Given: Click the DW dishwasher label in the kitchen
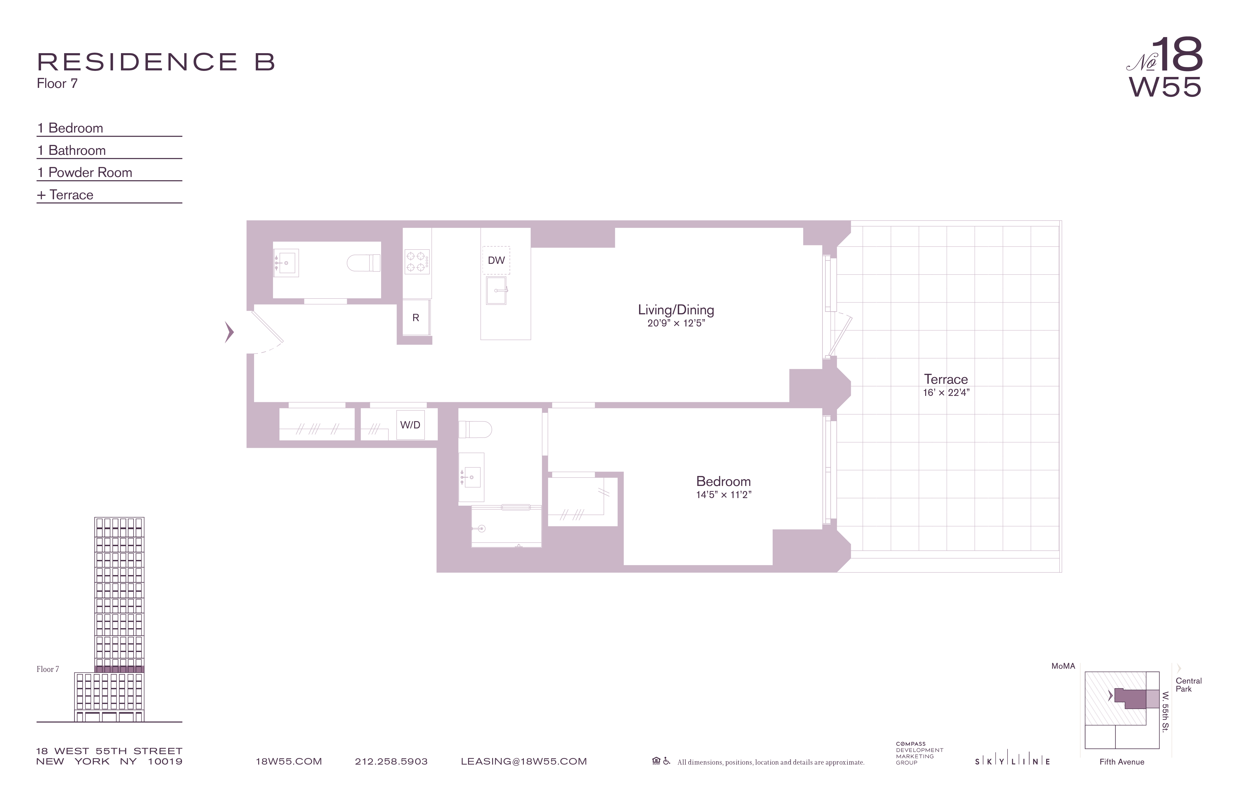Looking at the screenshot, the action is (496, 260).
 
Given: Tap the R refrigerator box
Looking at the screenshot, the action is (416, 317).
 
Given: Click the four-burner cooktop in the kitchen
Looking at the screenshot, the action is (417, 262).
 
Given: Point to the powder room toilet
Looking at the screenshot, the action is (364, 263).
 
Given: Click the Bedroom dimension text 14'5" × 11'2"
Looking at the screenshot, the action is (723, 495).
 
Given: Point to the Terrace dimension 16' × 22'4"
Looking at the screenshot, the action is (946, 393).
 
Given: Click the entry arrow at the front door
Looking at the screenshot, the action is (229, 332).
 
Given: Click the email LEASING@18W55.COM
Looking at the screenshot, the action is (523, 761).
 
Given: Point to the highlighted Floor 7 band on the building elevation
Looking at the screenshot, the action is (119, 669).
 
